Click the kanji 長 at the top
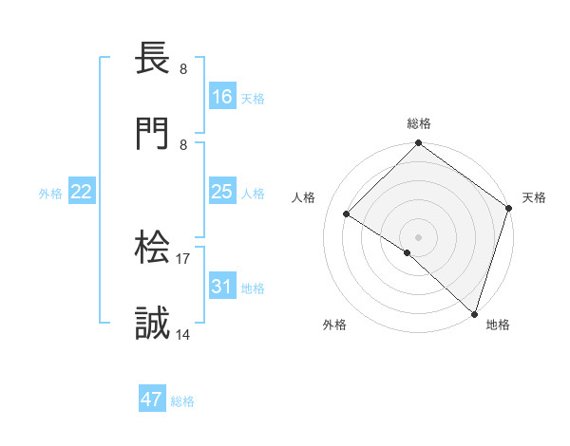(153, 60)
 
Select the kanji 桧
(153, 250)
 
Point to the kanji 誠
(153, 324)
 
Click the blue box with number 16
(222, 96)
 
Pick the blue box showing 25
(222, 193)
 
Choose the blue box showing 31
(222, 287)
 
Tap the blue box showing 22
(82, 193)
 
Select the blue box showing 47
(152, 400)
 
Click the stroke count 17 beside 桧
(183, 258)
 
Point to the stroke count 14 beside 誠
(183, 333)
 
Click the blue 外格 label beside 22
(50, 194)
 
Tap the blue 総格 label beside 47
(182, 401)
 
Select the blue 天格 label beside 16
(253, 98)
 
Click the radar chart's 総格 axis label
(419, 123)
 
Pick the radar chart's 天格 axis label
(534, 197)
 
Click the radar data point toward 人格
(347, 214)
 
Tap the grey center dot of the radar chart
(419, 236)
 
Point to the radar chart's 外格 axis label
(334, 325)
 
